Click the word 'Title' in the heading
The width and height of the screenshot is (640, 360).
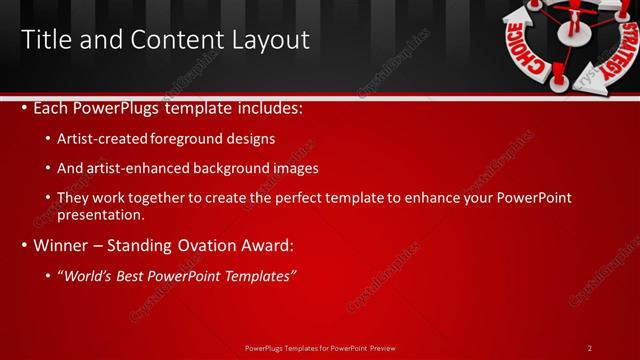[45, 40]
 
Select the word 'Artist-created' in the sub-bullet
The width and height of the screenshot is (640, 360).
[98, 139]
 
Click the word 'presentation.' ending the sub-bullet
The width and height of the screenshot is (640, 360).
[101, 214]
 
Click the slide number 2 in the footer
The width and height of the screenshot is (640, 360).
[590, 348]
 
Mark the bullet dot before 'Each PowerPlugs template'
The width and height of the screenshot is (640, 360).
[25, 108]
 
